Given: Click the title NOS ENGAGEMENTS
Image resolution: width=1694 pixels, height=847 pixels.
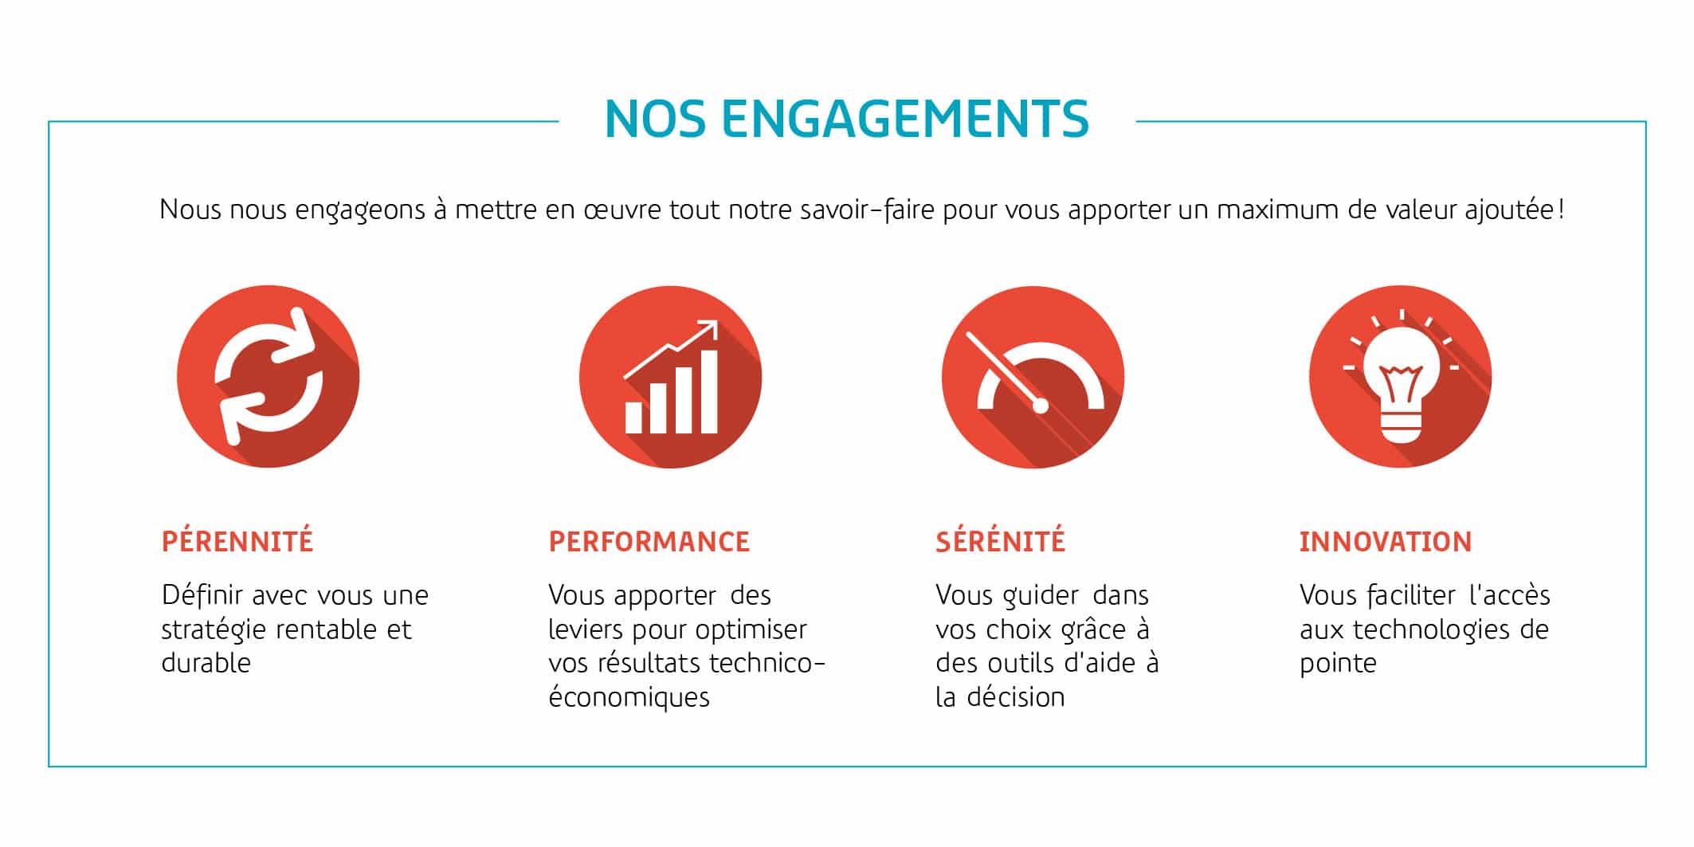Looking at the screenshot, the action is click(x=847, y=119).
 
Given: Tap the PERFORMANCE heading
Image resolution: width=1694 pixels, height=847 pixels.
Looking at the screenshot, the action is click(x=649, y=542).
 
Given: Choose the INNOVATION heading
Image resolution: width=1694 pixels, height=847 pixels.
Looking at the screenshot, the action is click(x=1386, y=542).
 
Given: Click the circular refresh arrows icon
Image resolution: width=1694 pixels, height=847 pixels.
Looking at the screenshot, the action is click(x=269, y=376).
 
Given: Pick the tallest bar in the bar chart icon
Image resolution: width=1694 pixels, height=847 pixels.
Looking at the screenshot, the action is click(x=708, y=391).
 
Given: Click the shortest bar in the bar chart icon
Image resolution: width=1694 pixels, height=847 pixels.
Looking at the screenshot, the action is click(x=633, y=418).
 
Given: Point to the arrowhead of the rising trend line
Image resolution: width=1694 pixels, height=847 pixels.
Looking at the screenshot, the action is click(x=709, y=327).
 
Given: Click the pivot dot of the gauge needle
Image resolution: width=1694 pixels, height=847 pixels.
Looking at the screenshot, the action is click(x=1040, y=406).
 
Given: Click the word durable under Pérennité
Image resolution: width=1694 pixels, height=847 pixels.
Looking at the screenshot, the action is click(x=206, y=662).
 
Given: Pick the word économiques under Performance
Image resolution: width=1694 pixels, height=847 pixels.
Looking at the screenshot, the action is click(x=629, y=696).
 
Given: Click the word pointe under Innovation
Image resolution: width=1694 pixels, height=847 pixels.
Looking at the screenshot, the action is click(x=1338, y=664).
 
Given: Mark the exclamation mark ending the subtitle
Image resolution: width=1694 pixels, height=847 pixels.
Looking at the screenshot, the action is click(x=1562, y=210).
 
